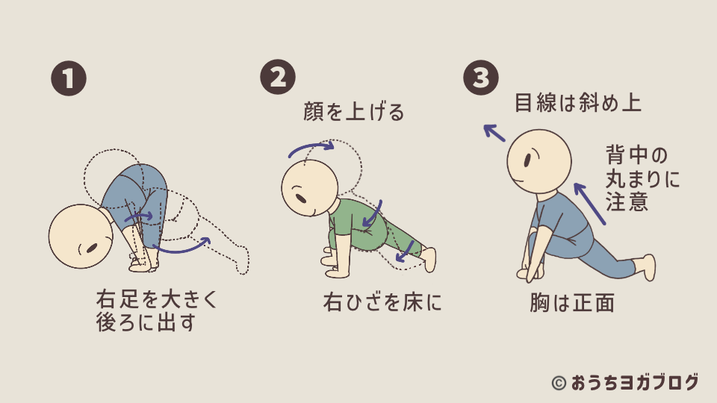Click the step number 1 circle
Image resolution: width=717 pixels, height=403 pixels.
(x=69, y=78)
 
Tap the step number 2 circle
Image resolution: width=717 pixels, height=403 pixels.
(x=278, y=78)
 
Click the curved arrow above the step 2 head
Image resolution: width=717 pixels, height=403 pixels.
(x=311, y=149)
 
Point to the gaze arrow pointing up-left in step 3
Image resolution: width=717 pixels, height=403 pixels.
(x=494, y=133)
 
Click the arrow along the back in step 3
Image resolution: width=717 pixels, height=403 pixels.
(x=591, y=202)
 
